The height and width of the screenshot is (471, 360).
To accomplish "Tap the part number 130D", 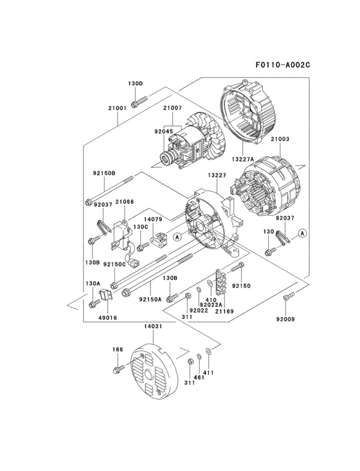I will tap(134, 84).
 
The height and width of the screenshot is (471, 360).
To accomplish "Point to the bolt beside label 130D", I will tap(139, 101).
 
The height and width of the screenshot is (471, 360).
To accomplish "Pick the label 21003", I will tap(280, 139).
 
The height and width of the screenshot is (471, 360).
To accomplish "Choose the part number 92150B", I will tap(104, 173).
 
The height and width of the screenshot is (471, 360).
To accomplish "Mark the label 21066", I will tap(125, 202).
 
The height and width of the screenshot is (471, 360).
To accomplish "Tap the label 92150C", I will tap(115, 264).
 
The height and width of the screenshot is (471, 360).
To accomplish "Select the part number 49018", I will tap(107, 317).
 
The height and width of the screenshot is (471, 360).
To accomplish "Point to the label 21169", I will tap(224, 311).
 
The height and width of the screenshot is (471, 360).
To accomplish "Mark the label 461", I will tap(200, 377).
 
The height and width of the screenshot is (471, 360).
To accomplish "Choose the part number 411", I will tap(208, 373).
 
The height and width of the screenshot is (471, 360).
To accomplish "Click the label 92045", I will tap(165, 131).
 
